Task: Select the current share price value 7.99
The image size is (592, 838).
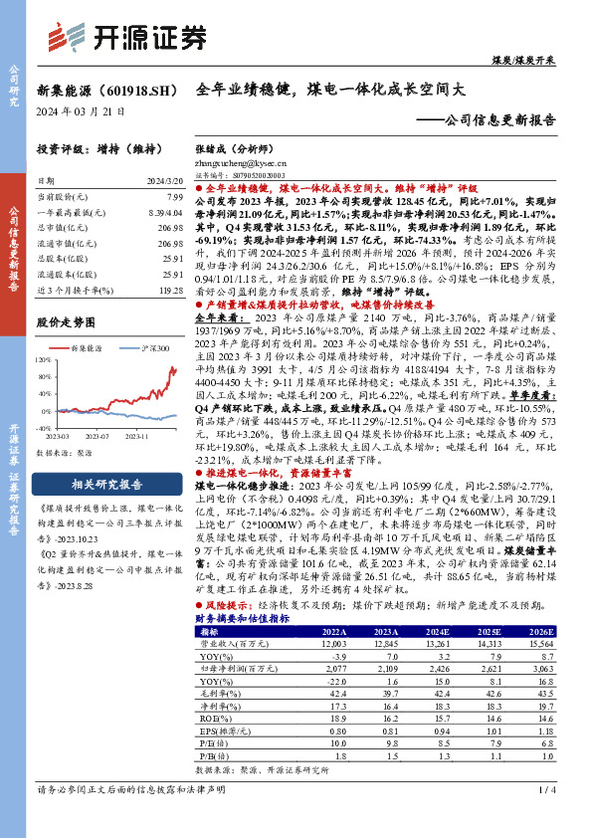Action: (x=174, y=199)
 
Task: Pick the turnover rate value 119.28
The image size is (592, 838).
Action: (x=170, y=289)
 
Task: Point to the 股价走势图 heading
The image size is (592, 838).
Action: (x=65, y=322)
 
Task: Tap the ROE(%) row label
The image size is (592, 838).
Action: (x=212, y=717)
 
